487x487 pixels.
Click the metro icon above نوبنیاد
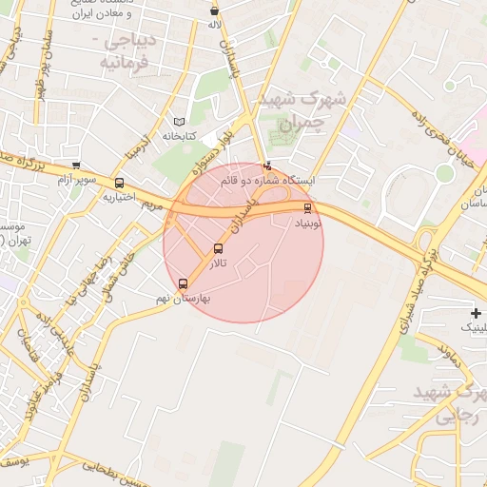(x=306, y=208)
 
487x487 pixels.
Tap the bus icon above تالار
(x=218, y=249)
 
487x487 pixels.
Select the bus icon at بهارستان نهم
(x=183, y=283)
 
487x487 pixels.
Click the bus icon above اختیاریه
(x=119, y=183)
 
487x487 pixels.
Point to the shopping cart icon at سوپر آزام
(x=75, y=166)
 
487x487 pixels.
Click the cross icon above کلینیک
(x=476, y=313)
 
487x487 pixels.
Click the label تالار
(x=219, y=263)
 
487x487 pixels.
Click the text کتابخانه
(x=179, y=137)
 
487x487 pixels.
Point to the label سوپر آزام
(x=77, y=179)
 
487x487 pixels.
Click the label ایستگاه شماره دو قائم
(x=272, y=179)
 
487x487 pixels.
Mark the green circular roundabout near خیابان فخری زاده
(x=444, y=172)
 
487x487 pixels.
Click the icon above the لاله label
(x=214, y=10)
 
